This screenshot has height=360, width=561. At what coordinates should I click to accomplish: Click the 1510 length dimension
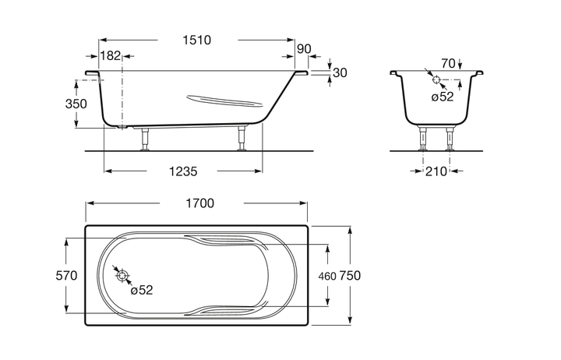(x=197, y=40)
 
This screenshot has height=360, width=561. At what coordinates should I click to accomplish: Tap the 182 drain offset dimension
(x=110, y=56)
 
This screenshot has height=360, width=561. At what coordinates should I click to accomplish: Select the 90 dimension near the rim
(x=304, y=49)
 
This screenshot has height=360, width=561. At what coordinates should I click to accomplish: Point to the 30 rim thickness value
(x=340, y=72)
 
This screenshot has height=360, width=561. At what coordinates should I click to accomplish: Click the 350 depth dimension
(x=76, y=104)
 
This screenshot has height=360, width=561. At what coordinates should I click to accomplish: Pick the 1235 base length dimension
(x=183, y=171)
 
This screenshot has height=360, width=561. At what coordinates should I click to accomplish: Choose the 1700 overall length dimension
(x=199, y=203)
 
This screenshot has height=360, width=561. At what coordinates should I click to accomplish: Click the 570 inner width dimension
(x=66, y=276)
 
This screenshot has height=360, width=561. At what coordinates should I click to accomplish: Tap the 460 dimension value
(x=327, y=277)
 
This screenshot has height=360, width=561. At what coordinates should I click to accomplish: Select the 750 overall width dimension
(x=350, y=276)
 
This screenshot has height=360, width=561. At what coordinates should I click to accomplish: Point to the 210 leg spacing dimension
(x=436, y=171)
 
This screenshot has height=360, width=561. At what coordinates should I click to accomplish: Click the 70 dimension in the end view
(x=448, y=64)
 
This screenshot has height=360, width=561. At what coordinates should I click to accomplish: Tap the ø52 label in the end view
(x=443, y=97)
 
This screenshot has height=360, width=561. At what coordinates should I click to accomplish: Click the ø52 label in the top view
(x=142, y=290)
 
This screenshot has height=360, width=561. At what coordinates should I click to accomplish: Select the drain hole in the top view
(x=122, y=276)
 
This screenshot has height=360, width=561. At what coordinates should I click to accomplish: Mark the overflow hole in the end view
(x=436, y=79)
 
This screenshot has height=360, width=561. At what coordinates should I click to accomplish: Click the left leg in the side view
(x=145, y=139)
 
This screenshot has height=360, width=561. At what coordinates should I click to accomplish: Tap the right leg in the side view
(x=242, y=138)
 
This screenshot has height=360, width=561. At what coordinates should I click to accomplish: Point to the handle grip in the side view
(x=225, y=101)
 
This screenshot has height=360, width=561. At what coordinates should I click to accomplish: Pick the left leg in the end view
(x=423, y=138)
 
